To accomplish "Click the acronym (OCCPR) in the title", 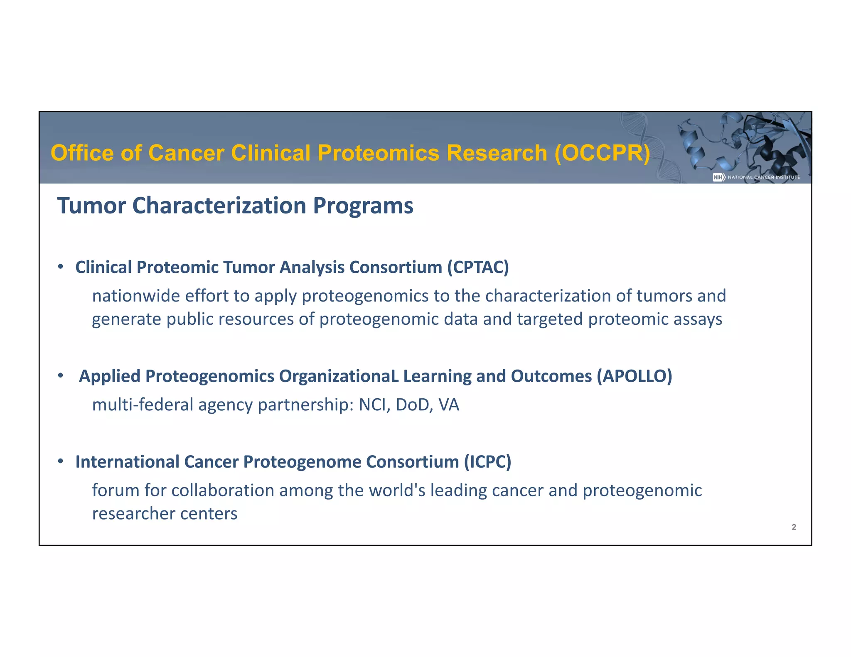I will tap(603, 153).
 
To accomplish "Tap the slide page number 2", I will tap(794, 527).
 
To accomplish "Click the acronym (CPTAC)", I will tap(478, 267).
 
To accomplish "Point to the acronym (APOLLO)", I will tap(634, 376).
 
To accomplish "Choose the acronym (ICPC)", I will tap(487, 462).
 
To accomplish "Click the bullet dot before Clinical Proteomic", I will tap(61, 267).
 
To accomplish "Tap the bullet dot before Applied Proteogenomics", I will tap(61, 375).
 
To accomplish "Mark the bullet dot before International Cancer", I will tap(61, 461).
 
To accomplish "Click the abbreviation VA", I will tap(448, 405).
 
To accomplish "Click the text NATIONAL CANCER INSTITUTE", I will tap(764, 177).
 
